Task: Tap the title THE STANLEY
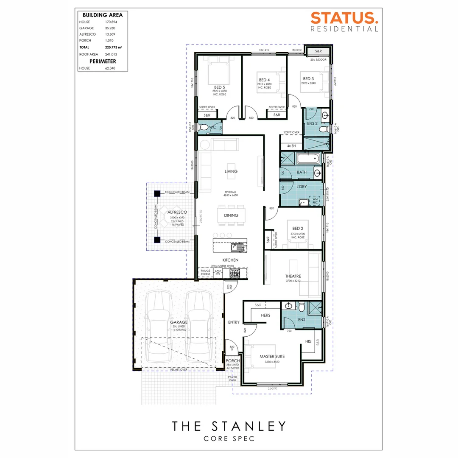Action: [229, 426]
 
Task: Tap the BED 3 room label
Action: [308, 78]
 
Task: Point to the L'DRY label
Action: [302, 187]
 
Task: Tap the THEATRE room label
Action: [293, 276]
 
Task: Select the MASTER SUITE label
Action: [272, 357]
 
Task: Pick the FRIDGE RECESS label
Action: [205, 273]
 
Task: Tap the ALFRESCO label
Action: [174, 212]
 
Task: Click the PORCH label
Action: [233, 360]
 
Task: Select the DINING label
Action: [231, 215]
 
